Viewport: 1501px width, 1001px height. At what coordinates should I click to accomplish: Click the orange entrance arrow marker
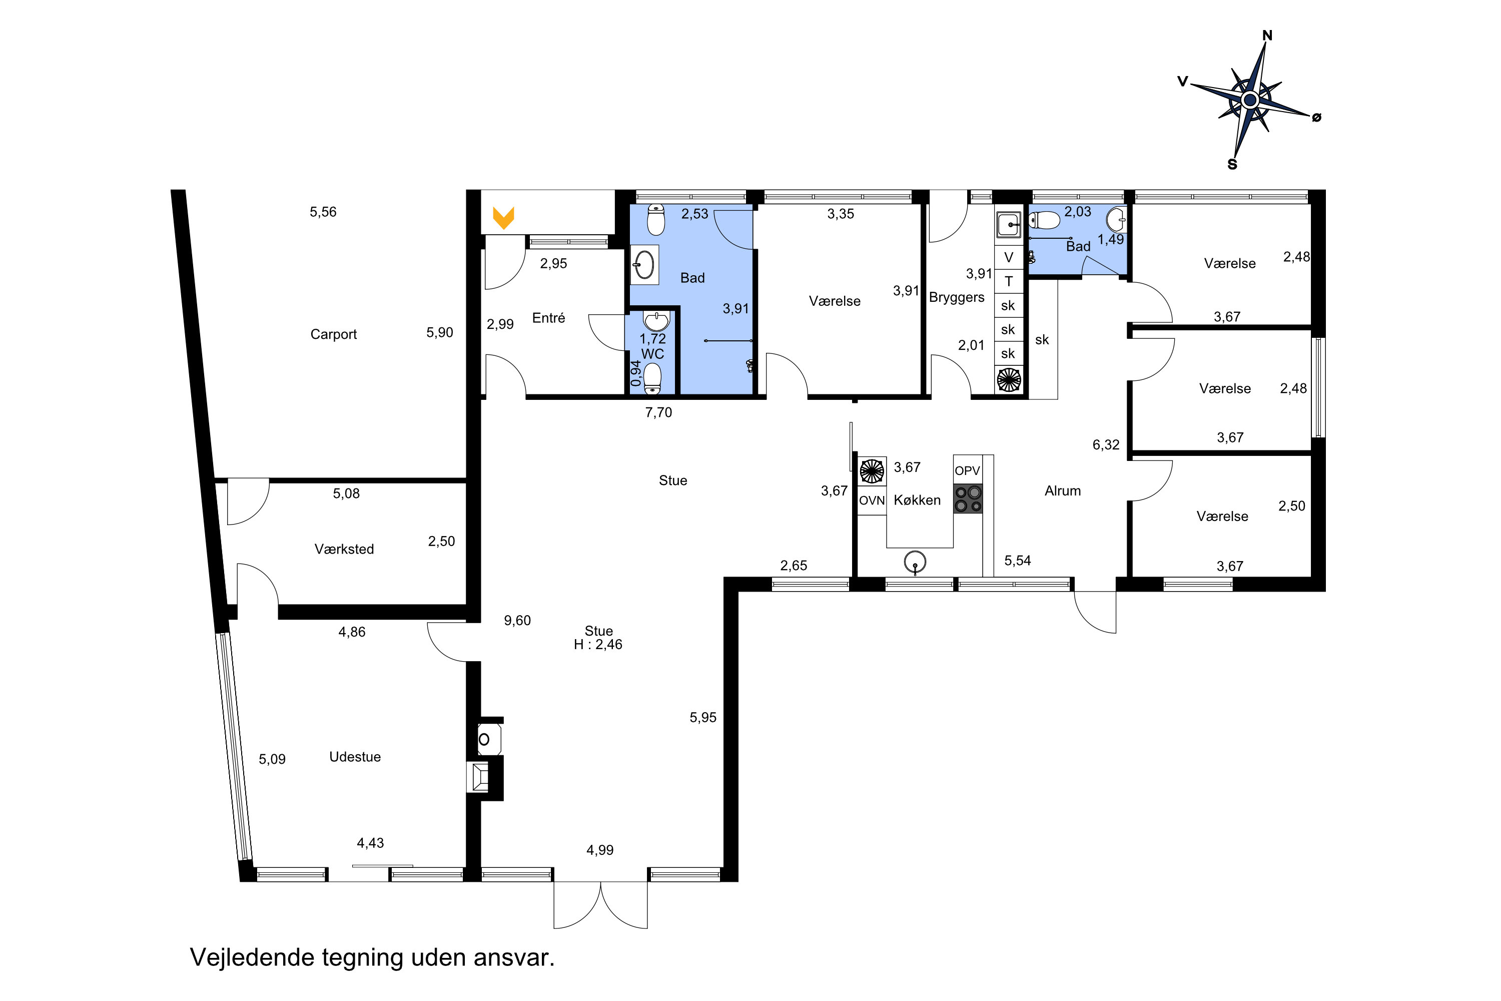[503, 218]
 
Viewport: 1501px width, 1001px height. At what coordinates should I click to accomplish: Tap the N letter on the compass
[1267, 36]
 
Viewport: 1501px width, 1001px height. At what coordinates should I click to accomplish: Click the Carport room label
[333, 334]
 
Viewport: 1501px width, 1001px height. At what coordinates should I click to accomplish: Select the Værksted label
[344, 549]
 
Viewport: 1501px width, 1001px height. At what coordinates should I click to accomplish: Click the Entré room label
[548, 317]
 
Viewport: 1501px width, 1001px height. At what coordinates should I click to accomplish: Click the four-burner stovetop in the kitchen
[968, 499]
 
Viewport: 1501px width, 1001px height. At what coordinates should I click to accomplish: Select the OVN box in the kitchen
[872, 500]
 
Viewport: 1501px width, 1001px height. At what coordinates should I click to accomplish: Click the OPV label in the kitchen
[968, 470]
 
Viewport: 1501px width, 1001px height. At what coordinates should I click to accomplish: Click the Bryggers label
[957, 297]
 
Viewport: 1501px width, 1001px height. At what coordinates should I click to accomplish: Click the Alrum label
[1063, 490]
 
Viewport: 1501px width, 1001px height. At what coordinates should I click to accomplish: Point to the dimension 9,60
[517, 621]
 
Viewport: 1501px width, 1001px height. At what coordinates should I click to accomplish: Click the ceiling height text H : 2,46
[598, 645]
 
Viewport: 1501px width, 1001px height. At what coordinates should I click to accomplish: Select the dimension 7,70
[658, 412]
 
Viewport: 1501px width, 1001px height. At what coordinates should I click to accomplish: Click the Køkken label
[917, 500]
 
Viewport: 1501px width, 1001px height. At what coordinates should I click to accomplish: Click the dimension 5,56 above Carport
[323, 212]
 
